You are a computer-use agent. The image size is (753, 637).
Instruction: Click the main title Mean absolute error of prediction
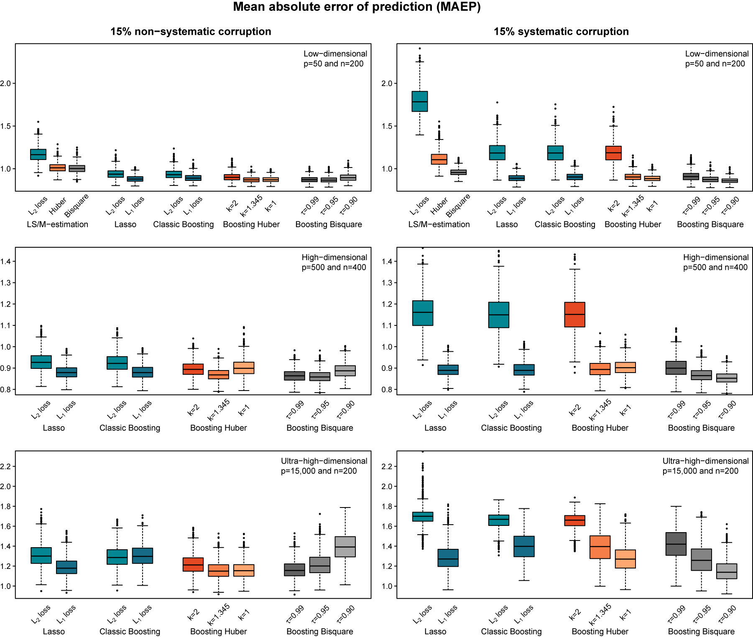click(x=357, y=7)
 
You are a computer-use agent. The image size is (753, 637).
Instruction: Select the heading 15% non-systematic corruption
click(x=191, y=32)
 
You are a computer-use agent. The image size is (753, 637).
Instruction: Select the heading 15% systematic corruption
click(x=561, y=32)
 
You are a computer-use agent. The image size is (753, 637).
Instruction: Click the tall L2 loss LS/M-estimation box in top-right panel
click(x=419, y=101)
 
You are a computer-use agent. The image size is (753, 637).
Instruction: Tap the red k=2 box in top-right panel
click(x=613, y=153)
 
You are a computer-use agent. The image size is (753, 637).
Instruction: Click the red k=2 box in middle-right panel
click(x=574, y=314)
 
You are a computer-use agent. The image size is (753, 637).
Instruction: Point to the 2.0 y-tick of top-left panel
click(x=6, y=83)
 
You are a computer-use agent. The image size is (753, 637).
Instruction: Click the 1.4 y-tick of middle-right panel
click(x=387, y=261)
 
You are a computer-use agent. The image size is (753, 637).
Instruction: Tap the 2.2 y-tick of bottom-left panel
click(x=6, y=466)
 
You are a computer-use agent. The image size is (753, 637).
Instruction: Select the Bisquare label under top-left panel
click(x=77, y=205)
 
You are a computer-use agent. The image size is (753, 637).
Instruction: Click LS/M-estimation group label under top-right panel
click(x=439, y=224)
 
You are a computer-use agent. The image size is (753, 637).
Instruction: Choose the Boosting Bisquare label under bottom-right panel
click(x=701, y=632)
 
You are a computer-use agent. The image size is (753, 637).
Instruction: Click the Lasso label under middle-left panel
click(x=54, y=428)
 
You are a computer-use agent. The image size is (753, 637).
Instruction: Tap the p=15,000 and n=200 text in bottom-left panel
click(x=319, y=471)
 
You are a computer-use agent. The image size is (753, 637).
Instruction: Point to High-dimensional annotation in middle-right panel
click(x=715, y=257)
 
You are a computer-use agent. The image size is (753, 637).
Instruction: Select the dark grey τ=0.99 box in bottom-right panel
click(x=676, y=543)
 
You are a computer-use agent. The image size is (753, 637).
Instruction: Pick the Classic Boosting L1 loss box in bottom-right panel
click(x=524, y=546)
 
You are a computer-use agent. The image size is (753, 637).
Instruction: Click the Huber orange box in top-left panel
click(x=58, y=167)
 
